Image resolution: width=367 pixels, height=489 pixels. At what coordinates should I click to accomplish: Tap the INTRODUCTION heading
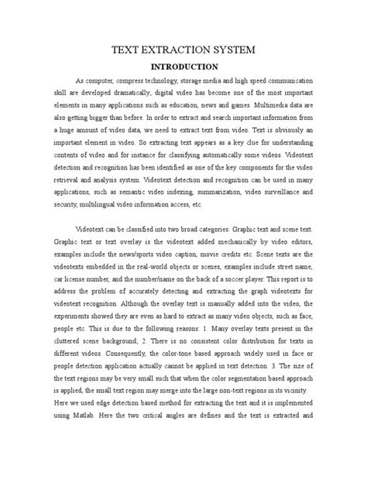183,67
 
